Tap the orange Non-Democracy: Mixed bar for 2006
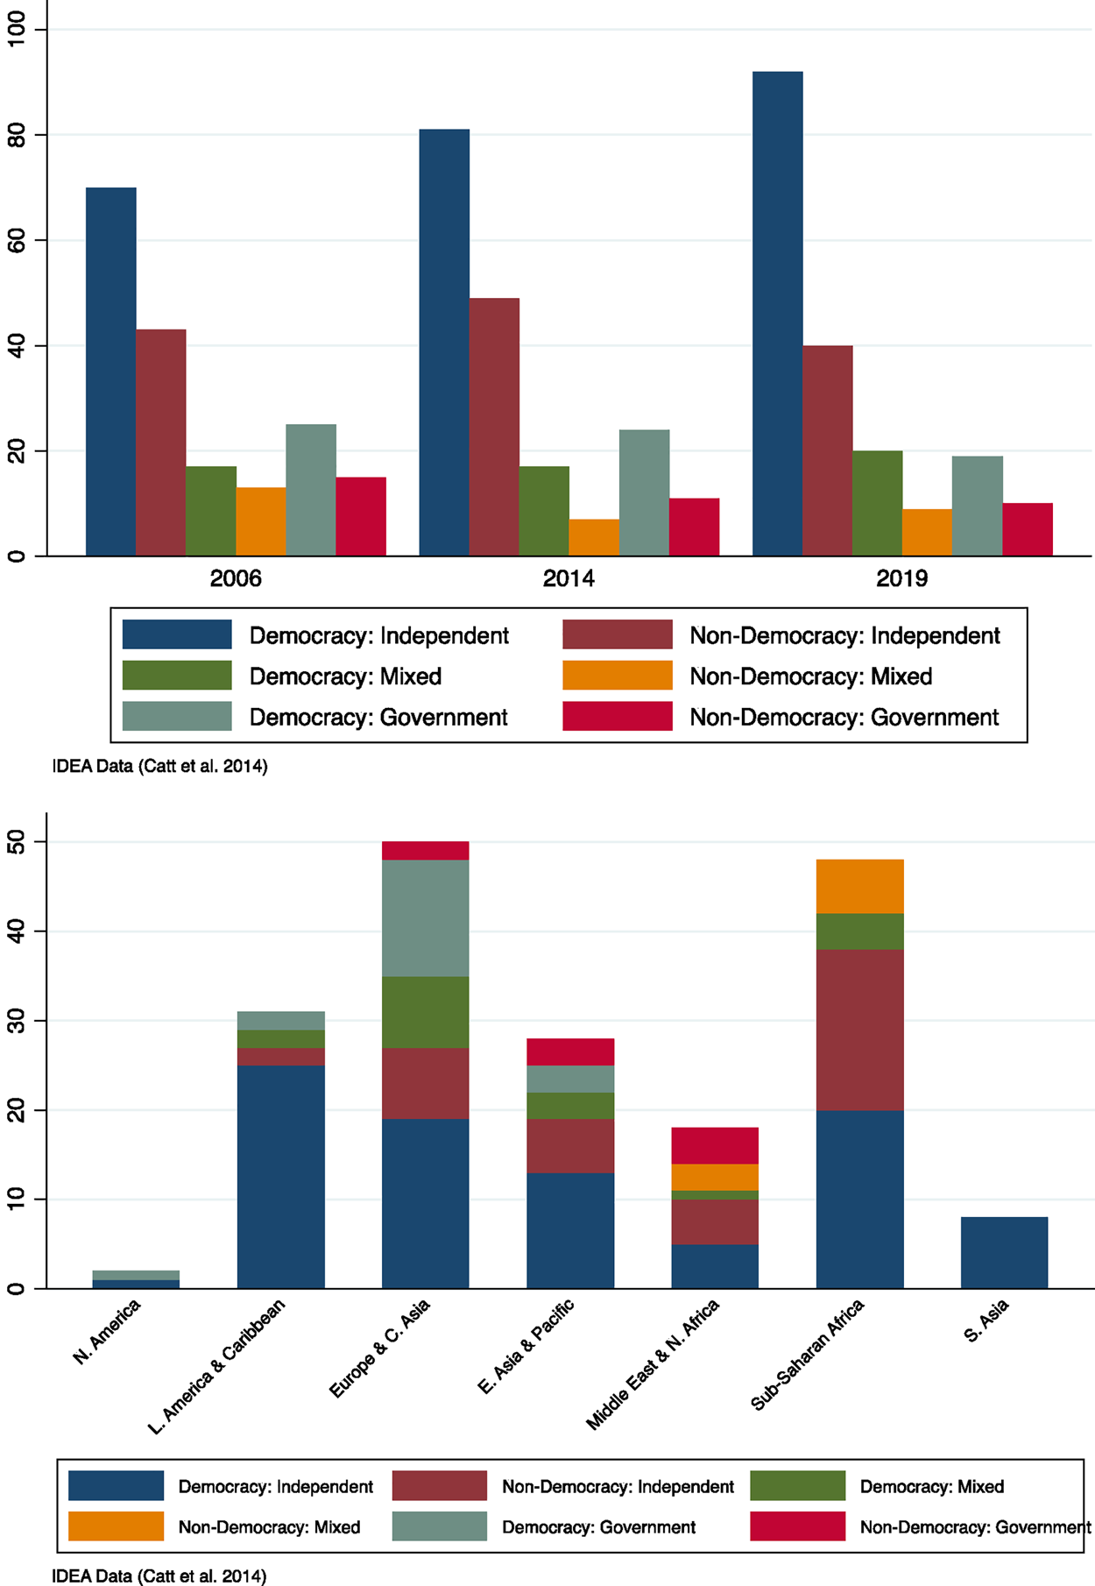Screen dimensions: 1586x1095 pos(261,521)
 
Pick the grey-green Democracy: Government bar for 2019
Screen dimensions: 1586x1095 pos(978,506)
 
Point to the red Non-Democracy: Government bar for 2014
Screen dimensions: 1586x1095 pos(694,527)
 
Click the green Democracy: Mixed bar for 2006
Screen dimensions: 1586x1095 pos(211,511)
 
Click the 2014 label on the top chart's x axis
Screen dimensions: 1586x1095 pos(569,579)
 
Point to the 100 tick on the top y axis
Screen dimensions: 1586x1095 pos(17,30)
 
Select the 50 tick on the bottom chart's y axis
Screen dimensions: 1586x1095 pos(17,842)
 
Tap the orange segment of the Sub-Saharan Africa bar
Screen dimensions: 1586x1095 pos(859,886)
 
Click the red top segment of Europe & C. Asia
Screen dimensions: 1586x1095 pos(425,850)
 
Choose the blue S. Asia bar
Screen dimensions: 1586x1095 pos(1004,1252)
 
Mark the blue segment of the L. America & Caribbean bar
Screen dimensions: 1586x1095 pos(280,1176)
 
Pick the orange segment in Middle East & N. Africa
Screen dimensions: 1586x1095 pos(715,1177)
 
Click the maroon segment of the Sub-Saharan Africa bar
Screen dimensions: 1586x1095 pos(859,1030)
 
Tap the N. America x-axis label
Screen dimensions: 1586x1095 pos(107,1332)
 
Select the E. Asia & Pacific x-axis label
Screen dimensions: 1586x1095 pos(526,1346)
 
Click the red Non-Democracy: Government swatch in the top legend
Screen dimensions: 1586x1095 pos(618,716)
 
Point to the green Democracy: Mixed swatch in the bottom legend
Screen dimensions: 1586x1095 pos(797,1486)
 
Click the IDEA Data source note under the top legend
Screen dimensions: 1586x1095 pos(159,767)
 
